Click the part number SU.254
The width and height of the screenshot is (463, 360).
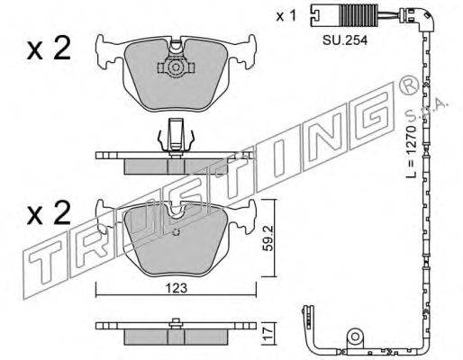(x=345, y=40)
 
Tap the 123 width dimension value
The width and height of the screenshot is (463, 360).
(x=177, y=288)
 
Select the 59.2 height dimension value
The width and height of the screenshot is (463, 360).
(x=269, y=238)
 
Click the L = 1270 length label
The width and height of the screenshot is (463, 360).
(x=411, y=151)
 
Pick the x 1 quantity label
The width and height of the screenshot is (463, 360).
(x=286, y=16)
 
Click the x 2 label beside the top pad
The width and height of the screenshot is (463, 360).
(x=49, y=48)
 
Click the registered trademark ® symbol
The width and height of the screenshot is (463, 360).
(x=408, y=85)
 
